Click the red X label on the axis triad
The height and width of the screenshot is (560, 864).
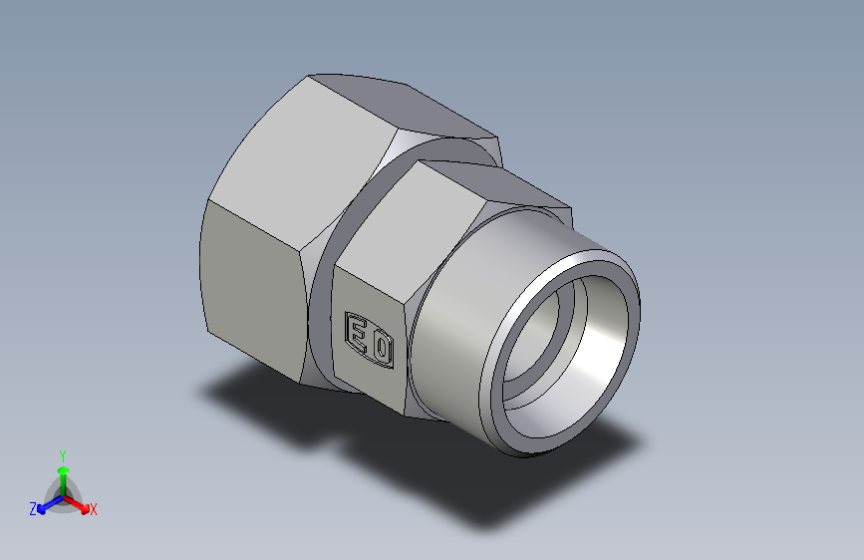coord(94,510)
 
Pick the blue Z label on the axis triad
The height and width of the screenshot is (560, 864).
coord(33,509)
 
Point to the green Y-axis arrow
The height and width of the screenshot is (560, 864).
coord(62,473)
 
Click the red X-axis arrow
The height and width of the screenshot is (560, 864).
coord(80,503)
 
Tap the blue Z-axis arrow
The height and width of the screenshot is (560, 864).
coord(45,504)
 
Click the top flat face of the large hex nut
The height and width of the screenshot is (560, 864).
coord(399,105)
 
